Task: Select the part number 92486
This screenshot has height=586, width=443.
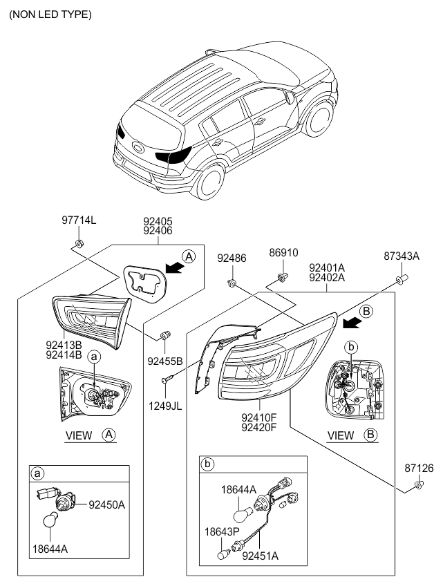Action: [x=232, y=258]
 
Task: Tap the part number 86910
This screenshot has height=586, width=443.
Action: [x=283, y=254]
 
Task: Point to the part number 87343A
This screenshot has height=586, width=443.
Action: [x=402, y=256]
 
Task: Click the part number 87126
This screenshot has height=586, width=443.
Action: [x=419, y=469]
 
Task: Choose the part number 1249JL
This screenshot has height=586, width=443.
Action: [x=164, y=406]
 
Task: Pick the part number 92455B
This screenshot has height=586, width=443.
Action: [x=164, y=361]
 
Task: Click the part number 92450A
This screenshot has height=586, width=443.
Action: [x=106, y=505]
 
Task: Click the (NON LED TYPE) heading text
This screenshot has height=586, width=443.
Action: [x=50, y=14]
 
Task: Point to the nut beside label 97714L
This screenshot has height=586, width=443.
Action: [x=79, y=243]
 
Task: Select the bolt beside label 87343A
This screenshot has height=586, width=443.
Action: [x=402, y=280]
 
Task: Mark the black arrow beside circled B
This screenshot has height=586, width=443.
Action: [x=352, y=321]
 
